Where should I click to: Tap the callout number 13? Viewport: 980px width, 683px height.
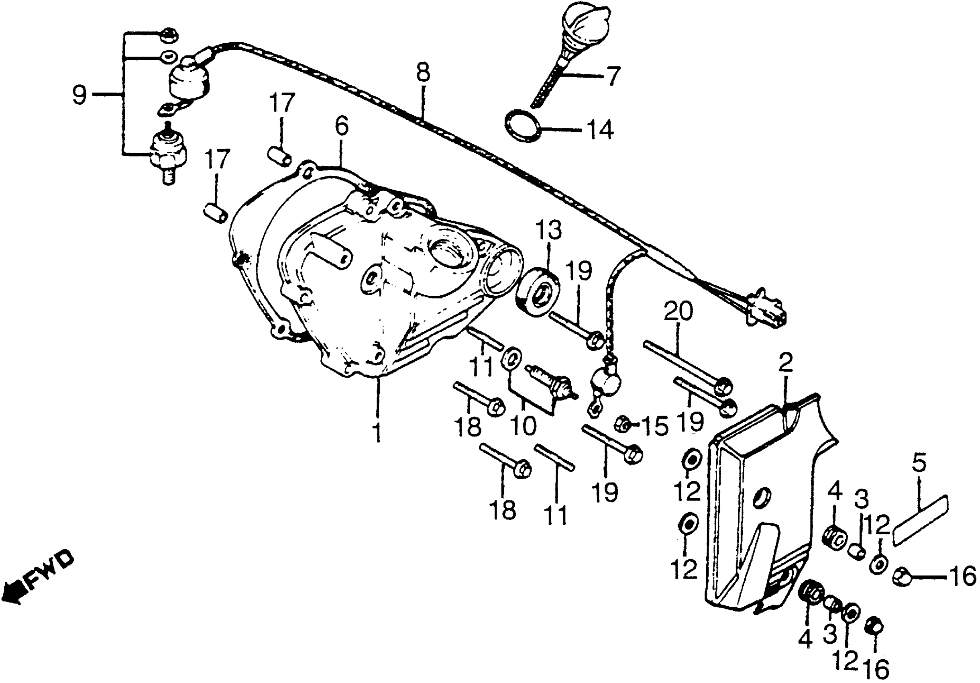pos(549,231)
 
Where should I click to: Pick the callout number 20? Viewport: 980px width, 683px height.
pos(678,311)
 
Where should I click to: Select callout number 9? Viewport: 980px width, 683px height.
pos(79,94)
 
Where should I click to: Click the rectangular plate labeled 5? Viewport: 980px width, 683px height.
pos(919,520)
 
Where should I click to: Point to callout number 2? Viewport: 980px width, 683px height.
pos(785,363)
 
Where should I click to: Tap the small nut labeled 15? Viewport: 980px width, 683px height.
pos(622,424)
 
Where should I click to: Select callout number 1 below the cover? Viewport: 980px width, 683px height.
pos(377,433)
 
